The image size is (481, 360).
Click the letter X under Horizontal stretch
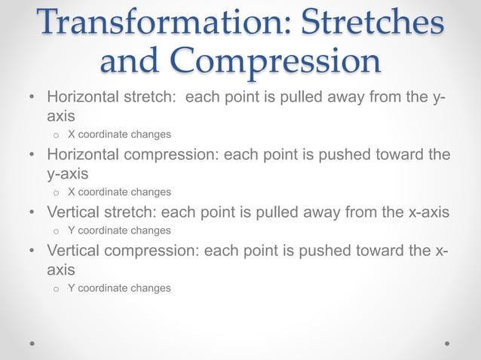point(71,135)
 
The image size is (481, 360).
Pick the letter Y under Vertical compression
point(71,288)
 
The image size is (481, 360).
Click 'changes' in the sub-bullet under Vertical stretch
point(149,230)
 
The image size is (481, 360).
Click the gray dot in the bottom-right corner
point(448,343)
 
